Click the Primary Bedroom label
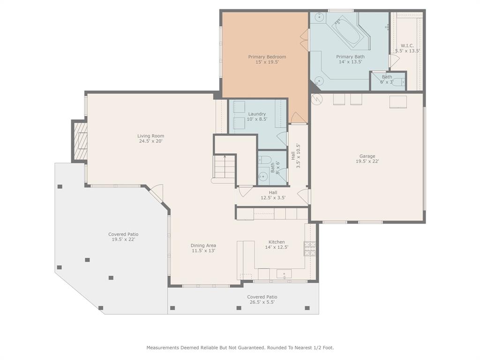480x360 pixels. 267,57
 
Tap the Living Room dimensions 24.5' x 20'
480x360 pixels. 150,141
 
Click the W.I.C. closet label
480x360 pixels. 407,45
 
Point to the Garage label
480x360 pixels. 367,156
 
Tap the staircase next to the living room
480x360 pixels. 225,168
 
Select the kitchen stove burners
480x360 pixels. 309,248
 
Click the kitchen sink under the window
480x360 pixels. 284,274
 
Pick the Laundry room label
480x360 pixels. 257,114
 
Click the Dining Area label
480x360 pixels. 203,245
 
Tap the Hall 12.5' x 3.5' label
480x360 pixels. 273,192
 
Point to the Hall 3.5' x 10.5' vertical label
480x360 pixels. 293,155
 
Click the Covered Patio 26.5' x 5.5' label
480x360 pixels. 262,297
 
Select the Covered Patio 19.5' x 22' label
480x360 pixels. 123,234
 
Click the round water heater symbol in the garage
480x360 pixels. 317,99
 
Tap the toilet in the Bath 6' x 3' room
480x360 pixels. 398,82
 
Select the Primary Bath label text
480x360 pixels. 350,57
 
